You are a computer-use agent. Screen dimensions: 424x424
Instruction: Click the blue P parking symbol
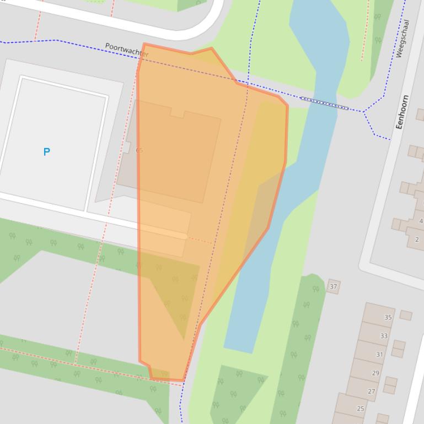(x=47, y=152)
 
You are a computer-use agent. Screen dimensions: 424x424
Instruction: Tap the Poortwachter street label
(x=127, y=50)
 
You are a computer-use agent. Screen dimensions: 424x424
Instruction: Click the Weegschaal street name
(x=402, y=39)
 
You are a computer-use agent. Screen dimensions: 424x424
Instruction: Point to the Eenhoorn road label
(x=402, y=112)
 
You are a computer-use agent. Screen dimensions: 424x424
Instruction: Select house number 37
(x=333, y=286)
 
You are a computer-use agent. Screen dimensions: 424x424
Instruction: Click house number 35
(x=388, y=317)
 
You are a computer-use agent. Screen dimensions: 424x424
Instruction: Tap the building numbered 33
(x=384, y=335)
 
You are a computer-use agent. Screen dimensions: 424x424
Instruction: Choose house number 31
(x=379, y=354)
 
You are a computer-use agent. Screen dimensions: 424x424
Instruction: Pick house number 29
(x=375, y=373)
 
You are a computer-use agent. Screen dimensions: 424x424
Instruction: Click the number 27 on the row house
(x=371, y=392)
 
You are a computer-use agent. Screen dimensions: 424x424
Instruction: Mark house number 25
(x=361, y=409)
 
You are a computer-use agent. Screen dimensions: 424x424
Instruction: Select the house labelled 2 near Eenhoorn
(x=417, y=240)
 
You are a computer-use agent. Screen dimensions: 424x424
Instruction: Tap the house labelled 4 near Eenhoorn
(x=421, y=221)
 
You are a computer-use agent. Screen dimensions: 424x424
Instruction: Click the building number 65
(x=139, y=150)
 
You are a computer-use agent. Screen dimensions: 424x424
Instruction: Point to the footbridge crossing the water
(x=324, y=104)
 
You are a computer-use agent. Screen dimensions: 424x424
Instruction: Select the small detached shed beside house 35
(x=406, y=315)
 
